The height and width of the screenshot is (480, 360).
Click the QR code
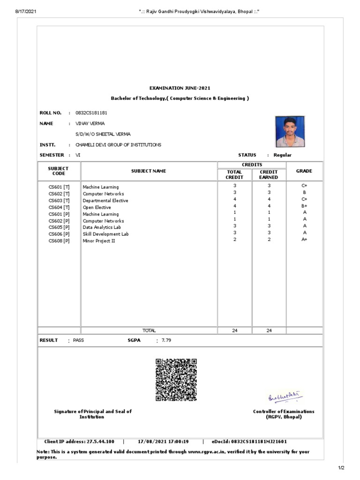point(176,380)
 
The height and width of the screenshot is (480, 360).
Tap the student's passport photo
point(289,132)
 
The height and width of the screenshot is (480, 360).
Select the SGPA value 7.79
point(166,340)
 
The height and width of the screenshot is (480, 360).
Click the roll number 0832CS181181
point(94,113)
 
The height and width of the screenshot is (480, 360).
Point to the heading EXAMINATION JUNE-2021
point(180,88)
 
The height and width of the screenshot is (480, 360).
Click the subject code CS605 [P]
point(59,227)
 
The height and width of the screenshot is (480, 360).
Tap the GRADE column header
point(304,172)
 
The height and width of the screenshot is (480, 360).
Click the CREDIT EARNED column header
point(269,175)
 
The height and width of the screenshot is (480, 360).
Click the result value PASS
point(78,340)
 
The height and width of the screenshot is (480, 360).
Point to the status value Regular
point(283,155)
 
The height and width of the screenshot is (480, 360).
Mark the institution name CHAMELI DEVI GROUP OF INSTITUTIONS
point(118,145)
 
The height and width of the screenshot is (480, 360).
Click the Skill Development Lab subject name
point(105,234)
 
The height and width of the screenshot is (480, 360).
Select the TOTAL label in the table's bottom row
point(149,330)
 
